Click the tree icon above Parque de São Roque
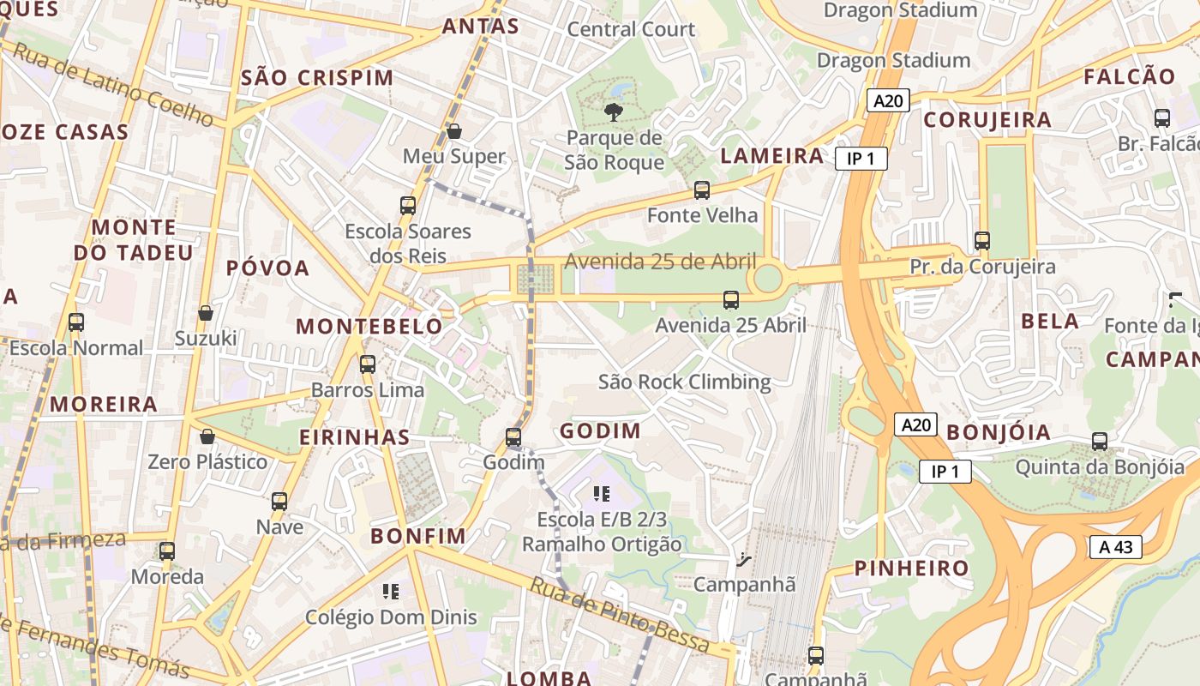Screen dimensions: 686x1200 [613, 111]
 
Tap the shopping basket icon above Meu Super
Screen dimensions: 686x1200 [454, 131]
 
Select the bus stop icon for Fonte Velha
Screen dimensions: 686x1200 [702, 190]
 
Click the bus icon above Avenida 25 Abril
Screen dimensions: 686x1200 [731, 300]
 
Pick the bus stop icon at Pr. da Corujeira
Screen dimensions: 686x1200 [982, 241]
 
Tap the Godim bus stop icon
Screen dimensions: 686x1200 [513, 437]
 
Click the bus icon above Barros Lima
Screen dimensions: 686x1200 [368, 364]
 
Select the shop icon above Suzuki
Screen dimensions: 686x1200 [206, 313]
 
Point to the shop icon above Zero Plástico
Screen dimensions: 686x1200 [207, 436]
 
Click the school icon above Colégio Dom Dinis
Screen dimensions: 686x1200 [391, 591]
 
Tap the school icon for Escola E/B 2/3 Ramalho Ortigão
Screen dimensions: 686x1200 [602, 494]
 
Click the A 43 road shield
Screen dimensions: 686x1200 [1116, 547]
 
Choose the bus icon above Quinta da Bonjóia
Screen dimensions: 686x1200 [1100, 442]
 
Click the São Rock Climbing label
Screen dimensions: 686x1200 [685, 382]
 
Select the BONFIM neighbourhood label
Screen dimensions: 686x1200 [418, 537]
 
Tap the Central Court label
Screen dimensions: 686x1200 [632, 29]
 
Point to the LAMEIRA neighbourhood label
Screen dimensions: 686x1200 [772, 155]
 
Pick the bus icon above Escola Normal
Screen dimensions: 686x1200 [76, 322]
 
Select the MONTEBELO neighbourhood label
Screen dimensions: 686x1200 [369, 327]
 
